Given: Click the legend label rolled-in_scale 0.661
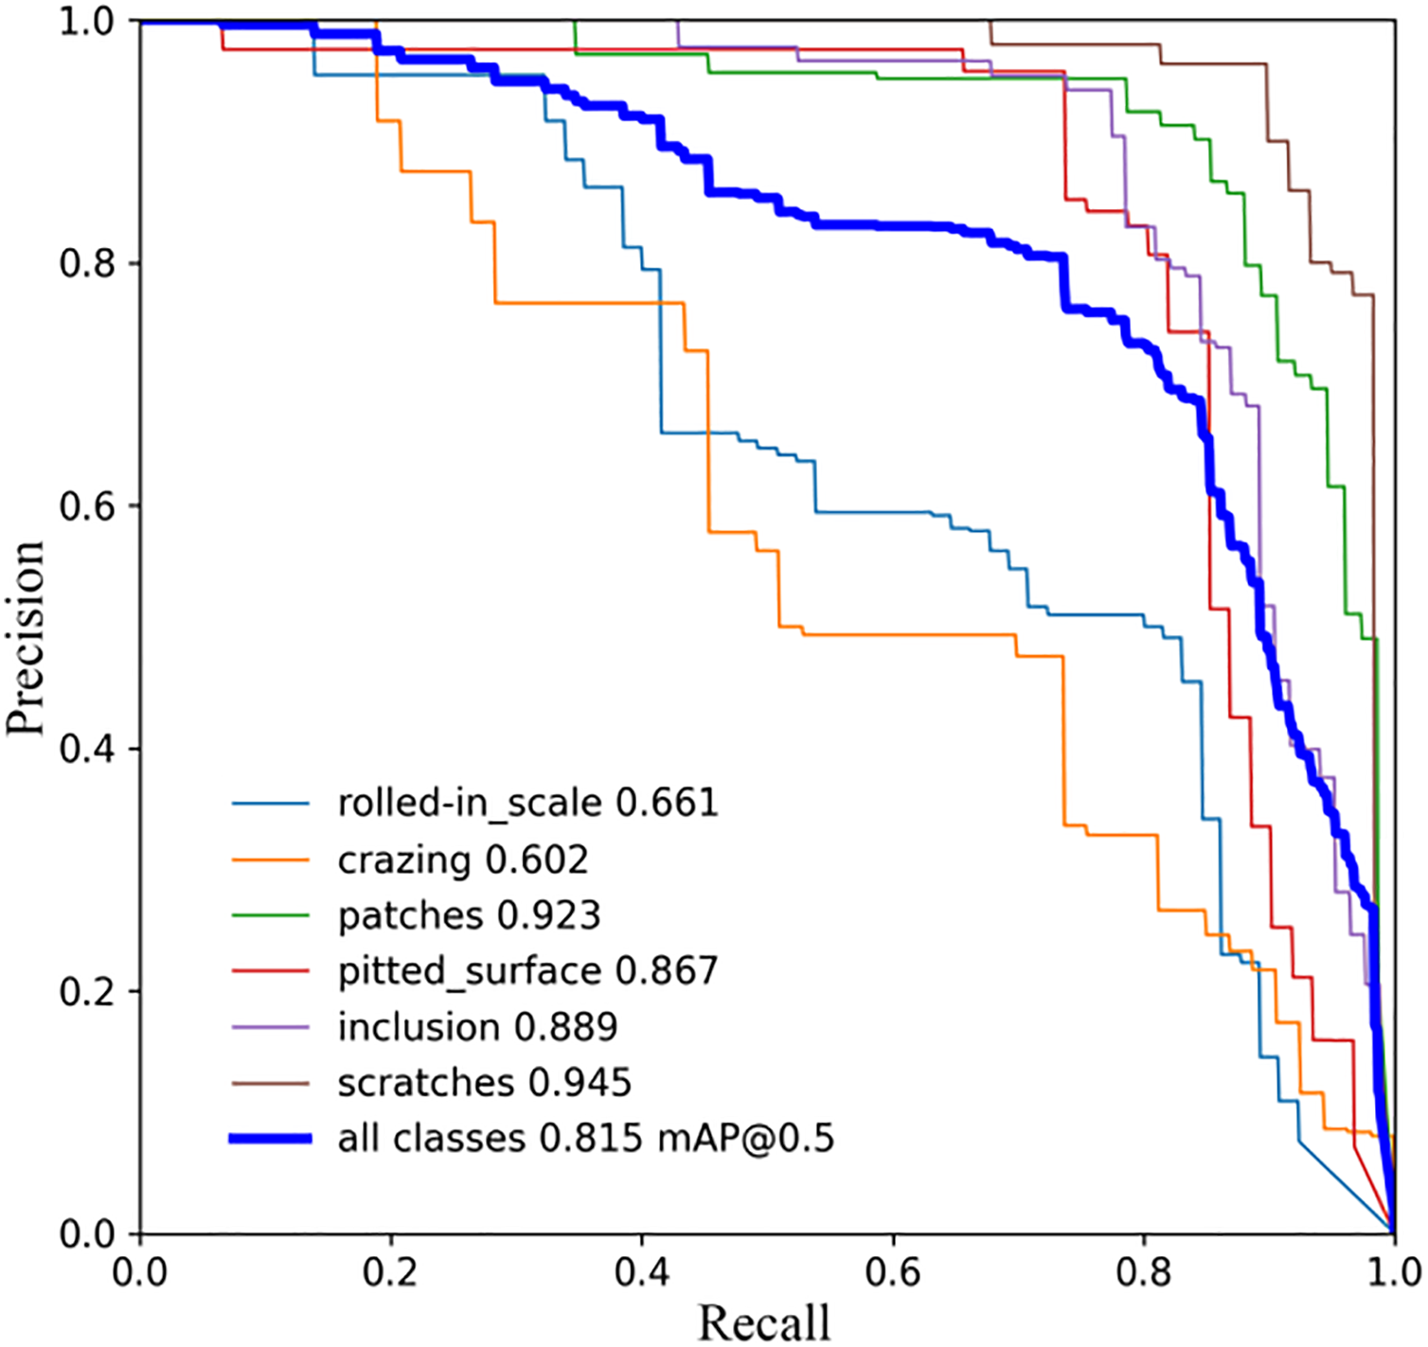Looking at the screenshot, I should point(527,803).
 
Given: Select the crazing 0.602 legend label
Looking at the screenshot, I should point(463,860).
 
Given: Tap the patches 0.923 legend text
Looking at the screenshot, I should point(469,915).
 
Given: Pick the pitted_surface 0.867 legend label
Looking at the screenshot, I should point(527,971).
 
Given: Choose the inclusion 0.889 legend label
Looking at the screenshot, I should point(477,1027).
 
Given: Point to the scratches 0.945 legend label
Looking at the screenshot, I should point(484,1083).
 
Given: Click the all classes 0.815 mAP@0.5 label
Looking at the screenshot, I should point(585,1138).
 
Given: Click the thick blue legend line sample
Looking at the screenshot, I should point(271,1139).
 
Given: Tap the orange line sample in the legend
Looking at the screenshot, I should point(271,860).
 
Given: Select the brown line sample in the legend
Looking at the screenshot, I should point(271,1083).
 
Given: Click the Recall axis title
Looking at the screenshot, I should point(764,1322).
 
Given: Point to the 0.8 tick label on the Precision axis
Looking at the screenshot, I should point(86,263).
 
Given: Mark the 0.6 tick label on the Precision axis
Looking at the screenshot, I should point(86,505).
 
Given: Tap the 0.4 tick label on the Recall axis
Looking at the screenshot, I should point(642,1271).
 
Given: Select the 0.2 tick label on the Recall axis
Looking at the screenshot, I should point(390,1271).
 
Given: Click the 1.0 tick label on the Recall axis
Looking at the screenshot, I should point(1393,1271).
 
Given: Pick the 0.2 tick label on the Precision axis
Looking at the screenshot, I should point(86,991).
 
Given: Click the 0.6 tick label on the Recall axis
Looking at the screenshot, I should point(893,1271).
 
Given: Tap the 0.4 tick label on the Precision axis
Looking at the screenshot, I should point(86,749).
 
